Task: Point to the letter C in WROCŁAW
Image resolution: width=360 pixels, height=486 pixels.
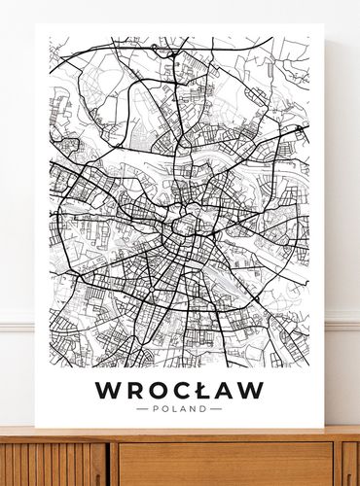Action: tap(181, 390)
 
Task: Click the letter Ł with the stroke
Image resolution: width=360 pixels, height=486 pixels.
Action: tap(202, 390)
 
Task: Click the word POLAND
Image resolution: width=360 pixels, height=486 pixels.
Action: tap(179, 409)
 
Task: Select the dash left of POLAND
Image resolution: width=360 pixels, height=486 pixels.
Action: tap(142, 409)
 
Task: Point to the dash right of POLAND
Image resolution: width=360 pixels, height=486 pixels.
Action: tap(216, 409)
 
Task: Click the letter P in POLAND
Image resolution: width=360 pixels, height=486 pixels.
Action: tap(155, 409)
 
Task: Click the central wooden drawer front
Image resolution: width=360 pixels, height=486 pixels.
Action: tap(224, 465)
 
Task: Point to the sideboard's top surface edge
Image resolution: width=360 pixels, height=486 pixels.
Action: tap(180, 434)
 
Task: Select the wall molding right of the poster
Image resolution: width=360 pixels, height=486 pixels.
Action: tap(342, 321)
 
